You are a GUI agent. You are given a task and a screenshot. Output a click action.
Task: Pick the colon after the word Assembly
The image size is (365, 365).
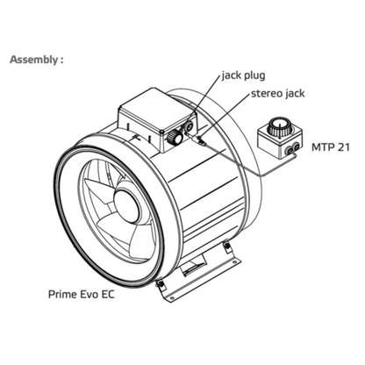pyautogui.click(x=62, y=61)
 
